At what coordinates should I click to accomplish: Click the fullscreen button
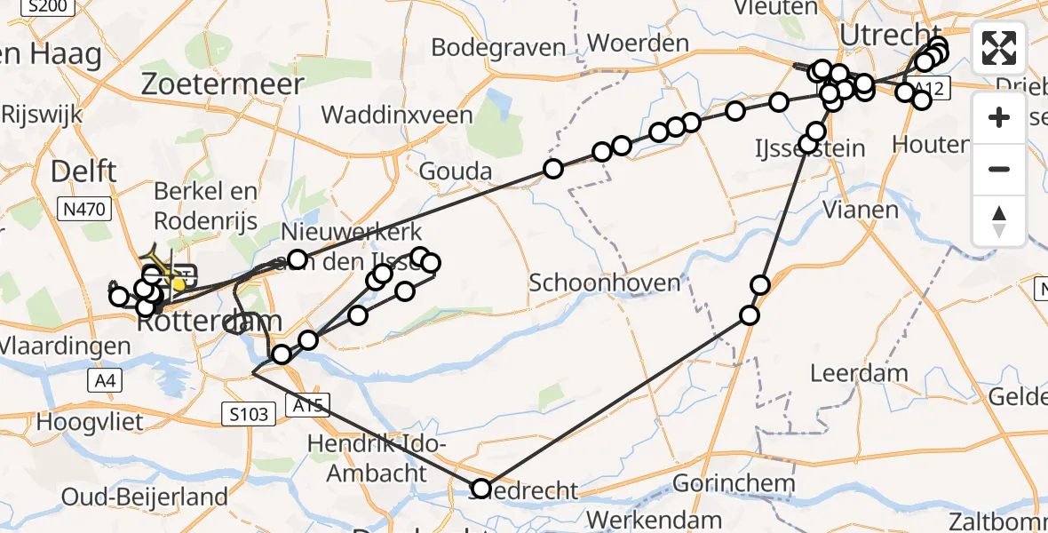[999, 48]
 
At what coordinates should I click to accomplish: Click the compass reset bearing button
[999, 221]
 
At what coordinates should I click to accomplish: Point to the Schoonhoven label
[591, 282]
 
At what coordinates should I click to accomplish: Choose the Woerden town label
[638, 43]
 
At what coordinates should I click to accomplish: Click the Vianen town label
[848, 210]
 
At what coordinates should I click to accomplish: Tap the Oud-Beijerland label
[145, 497]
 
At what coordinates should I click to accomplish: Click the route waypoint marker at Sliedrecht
[480, 488]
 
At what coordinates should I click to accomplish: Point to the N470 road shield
[83, 211]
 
